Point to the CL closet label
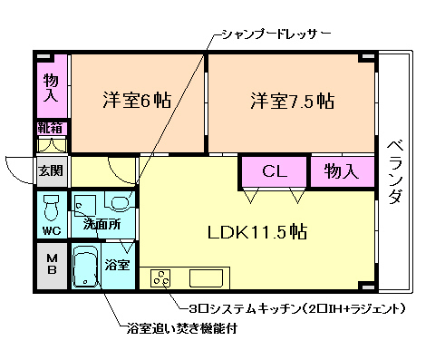point(275,170)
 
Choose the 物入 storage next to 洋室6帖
point(52,88)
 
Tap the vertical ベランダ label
point(394,170)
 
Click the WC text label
point(51,230)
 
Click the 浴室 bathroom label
point(117,266)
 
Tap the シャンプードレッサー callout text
point(276,34)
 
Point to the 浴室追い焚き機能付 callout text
point(182,328)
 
